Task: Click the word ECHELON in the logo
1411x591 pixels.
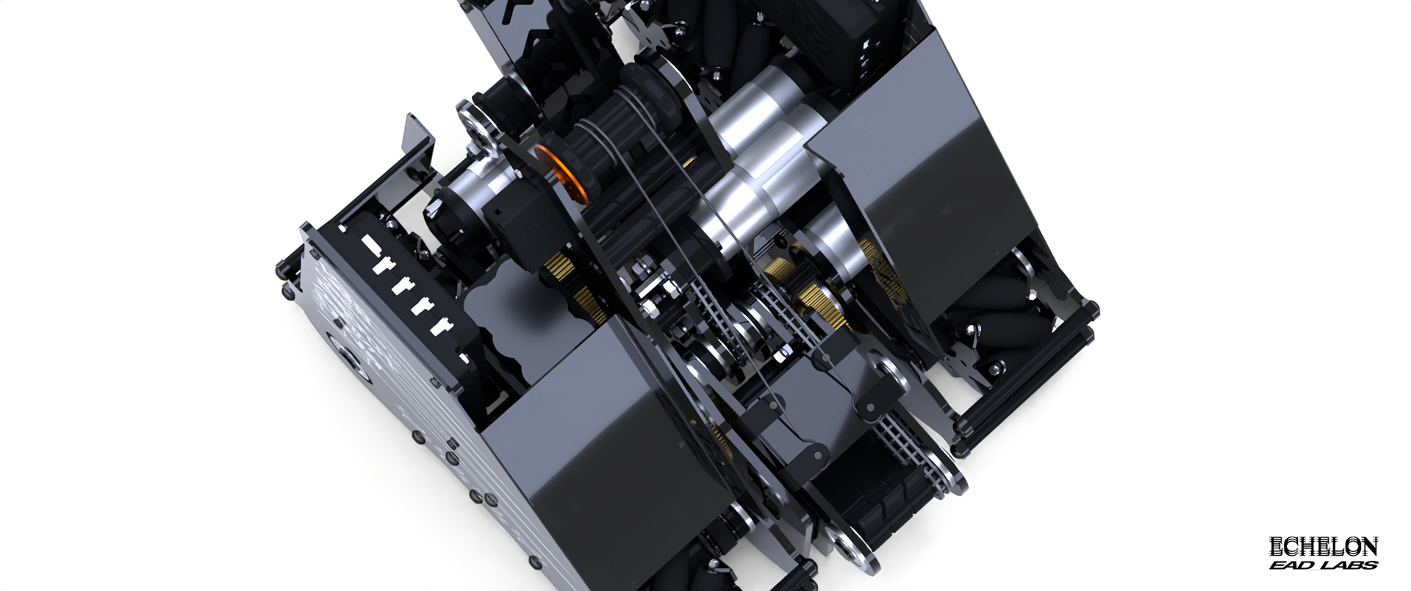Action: [x=1324, y=547]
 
